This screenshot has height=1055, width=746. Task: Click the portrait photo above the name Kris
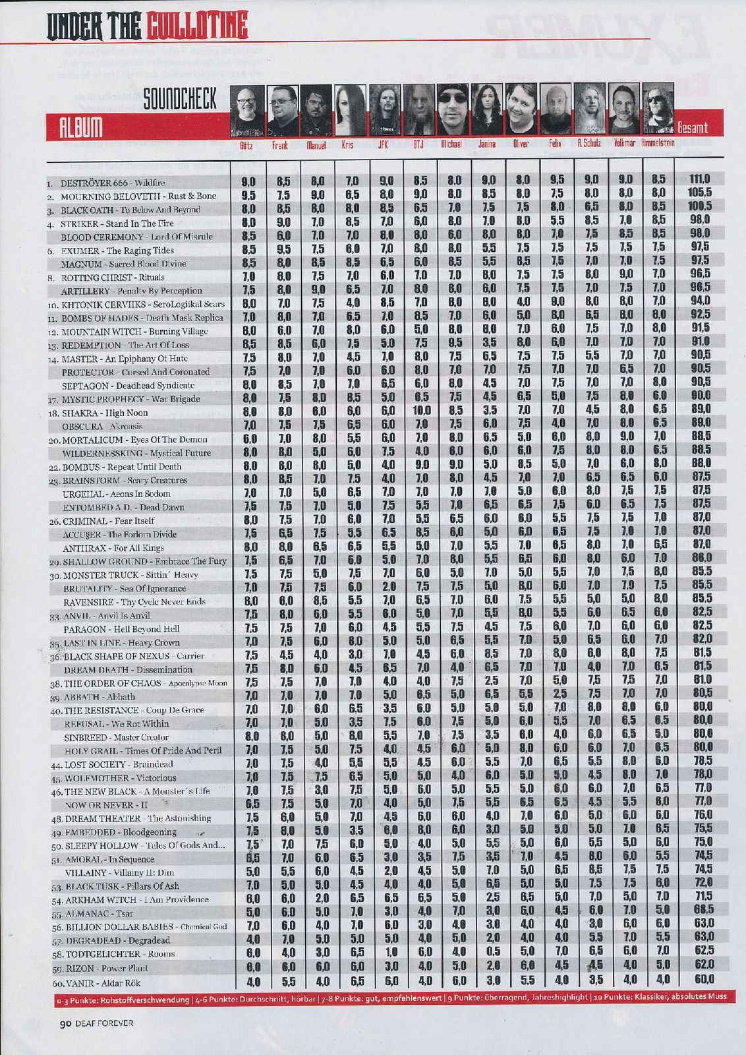350,109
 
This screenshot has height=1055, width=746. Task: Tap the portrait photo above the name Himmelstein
658,109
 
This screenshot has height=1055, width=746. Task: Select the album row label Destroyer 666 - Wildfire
113,183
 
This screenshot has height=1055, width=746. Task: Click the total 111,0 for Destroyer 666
699,180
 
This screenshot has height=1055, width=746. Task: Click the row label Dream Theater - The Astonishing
137,818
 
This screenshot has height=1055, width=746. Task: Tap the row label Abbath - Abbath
100,697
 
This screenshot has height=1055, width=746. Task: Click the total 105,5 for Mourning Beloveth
699,194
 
